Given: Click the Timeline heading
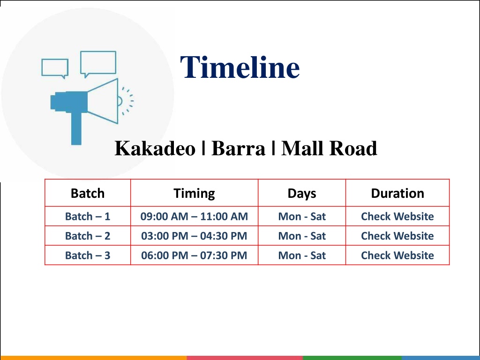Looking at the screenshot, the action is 240,67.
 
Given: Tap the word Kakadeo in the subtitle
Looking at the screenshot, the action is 155,149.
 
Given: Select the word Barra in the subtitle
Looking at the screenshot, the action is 238,149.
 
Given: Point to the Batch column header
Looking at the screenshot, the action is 88,194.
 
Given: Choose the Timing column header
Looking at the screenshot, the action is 194,194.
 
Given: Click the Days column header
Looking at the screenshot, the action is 302,194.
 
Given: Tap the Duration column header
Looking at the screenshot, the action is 397,194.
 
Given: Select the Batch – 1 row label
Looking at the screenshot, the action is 88,217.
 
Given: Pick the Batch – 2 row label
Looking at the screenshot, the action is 88,236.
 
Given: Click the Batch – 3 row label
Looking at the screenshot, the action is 88,255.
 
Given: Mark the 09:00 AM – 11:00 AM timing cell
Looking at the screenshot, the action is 194,217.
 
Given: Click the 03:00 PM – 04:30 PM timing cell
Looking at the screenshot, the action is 194,236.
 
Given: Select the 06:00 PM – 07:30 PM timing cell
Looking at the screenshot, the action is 194,255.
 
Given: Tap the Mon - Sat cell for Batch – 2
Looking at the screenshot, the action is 302,236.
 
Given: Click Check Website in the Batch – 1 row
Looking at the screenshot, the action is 397,217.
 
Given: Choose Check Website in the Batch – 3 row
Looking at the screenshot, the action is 397,255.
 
